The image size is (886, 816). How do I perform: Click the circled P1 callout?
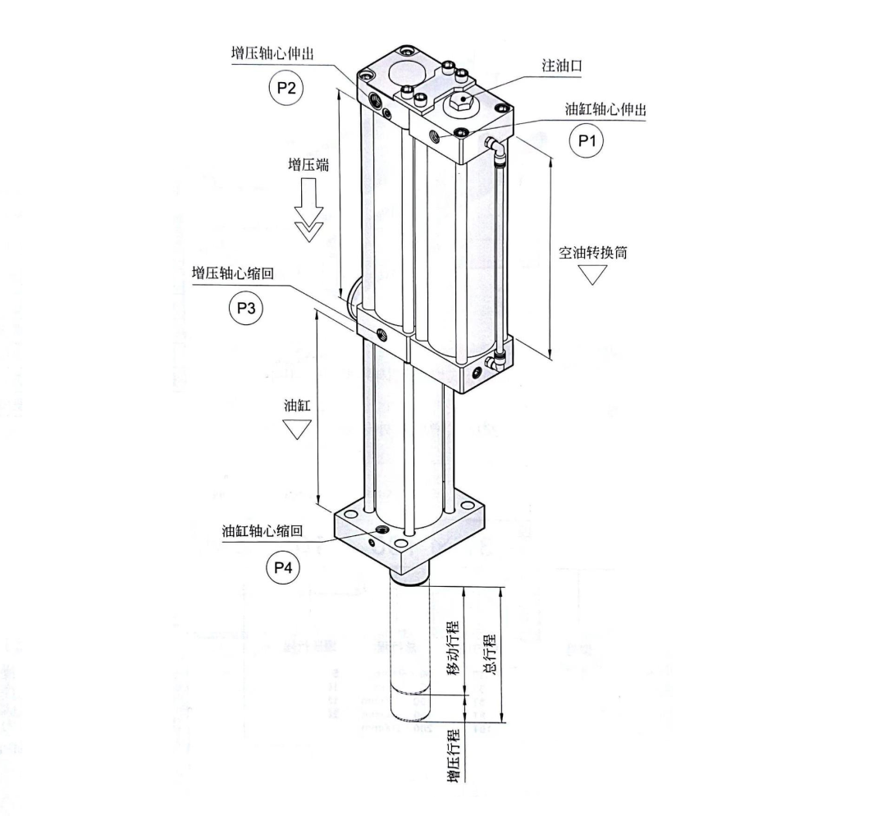(586, 140)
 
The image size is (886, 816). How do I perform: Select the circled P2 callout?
(285, 89)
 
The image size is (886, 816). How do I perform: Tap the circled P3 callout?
(244, 309)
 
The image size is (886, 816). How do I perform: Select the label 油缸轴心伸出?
(604, 109)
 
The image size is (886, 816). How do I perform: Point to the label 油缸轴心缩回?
(262, 530)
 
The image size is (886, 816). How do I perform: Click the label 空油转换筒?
(593, 252)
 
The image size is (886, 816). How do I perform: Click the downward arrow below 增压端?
(309, 213)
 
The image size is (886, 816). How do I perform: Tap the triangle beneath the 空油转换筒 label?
(592, 275)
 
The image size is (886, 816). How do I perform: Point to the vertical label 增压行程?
(452, 754)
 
